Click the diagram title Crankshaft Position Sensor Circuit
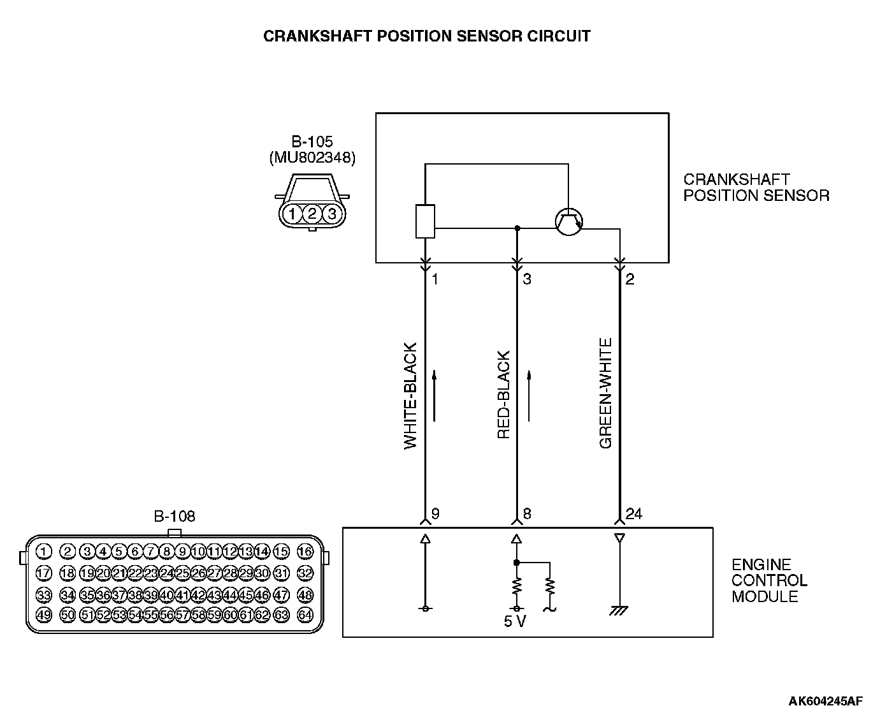click(x=427, y=36)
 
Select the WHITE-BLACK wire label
click(x=411, y=396)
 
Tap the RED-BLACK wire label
click(x=504, y=395)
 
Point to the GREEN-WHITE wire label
click(x=606, y=393)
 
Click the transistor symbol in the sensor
click(x=568, y=222)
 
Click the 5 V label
click(x=515, y=621)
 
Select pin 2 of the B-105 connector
click(x=312, y=214)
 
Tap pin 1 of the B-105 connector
click(x=292, y=214)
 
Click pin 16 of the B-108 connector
click(x=305, y=552)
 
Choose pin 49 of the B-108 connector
click(x=44, y=615)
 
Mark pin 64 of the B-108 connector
click(x=305, y=615)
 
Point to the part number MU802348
click(x=312, y=158)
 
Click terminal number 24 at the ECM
click(x=634, y=514)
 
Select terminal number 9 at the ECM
click(x=435, y=514)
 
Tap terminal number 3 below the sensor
click(x=527, y=279)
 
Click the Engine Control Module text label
click(x=769, y=580)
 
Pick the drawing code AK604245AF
click(x=825, y=702)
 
